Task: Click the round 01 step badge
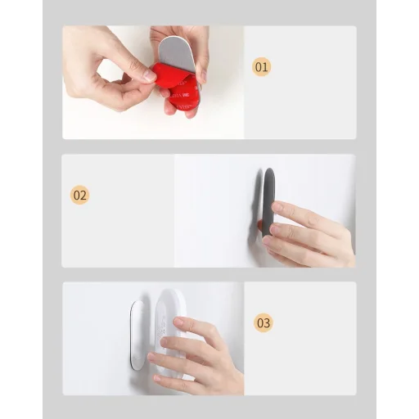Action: click(x=261, y=67)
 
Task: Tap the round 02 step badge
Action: click(x=79, y=195)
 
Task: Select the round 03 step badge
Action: click(x=264, y=322)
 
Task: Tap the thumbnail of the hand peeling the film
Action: click(x=153, y=83)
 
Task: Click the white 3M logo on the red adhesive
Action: click(x=187, y=96)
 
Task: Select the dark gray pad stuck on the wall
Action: click(x=268, y=202)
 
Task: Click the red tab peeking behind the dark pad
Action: click(x=259, y=225)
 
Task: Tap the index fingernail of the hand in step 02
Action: click(x=277, y=206)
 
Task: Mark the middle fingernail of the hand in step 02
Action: click(x=276, y=228)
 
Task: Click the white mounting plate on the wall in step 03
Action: click(x=137, y=335)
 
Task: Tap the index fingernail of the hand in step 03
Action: click(x=178, y=322)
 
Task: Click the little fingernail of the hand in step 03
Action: click(x=157, y=378)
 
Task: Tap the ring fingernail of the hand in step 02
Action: click(x=268, y=241)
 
